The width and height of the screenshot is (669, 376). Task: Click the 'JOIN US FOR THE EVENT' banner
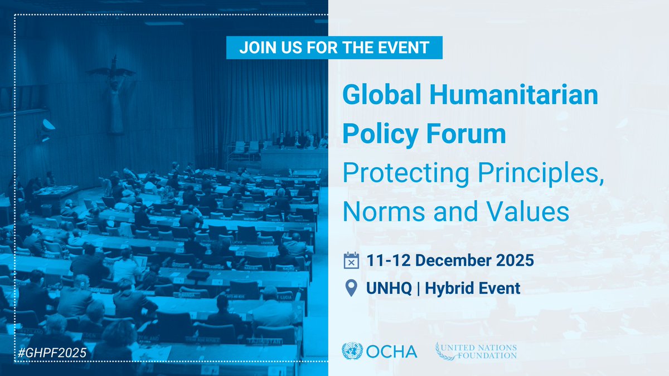(334, 47)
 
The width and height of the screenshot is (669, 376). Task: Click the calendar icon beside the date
(351, 260)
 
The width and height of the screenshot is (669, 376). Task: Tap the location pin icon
(351, 288)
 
